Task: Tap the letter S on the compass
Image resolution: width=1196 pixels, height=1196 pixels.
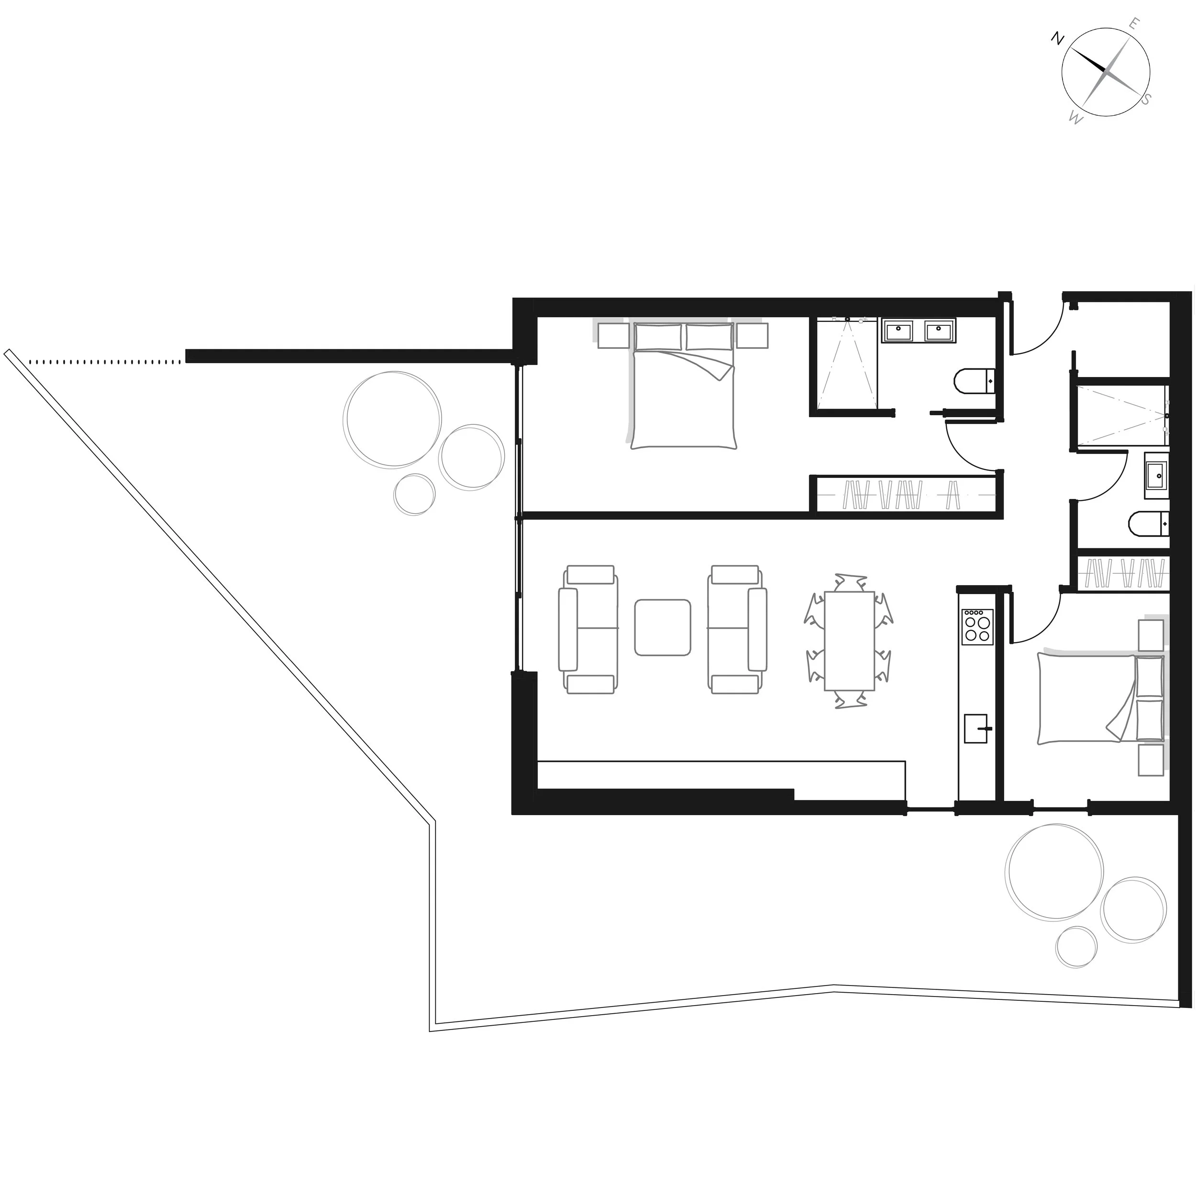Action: [1146, 99]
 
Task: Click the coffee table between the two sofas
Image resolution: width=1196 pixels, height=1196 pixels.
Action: [663, 627]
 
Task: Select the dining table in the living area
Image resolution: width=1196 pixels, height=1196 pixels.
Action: [849, 641]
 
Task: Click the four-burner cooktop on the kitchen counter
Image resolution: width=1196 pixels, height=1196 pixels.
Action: [977, 627]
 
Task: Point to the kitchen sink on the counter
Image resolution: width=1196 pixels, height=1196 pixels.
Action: [977, 728]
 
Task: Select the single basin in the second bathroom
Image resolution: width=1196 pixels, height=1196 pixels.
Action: [1156, 476]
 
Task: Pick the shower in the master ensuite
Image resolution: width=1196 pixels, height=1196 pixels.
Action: [847, 365]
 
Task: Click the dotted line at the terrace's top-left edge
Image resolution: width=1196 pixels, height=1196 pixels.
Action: [105, 362]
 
